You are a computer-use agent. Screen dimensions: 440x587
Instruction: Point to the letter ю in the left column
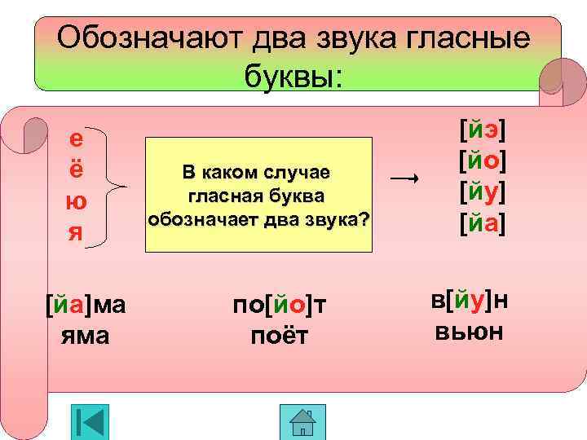[x=76, y=200]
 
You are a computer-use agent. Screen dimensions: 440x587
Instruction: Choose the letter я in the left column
[x=76, y=231]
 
